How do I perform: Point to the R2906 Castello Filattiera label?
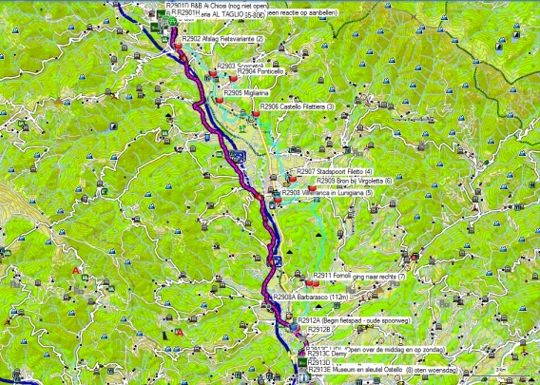(296, 107)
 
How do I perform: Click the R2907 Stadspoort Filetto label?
(333, 171)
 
